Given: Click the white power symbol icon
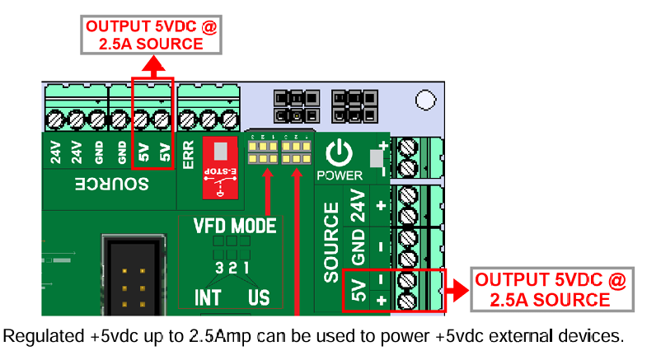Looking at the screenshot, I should point(338,152).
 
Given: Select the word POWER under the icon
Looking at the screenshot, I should point(338,175).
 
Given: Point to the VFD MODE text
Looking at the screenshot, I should point(235,226).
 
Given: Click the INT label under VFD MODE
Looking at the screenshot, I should point(208,297).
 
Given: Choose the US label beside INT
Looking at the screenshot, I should point(259,297).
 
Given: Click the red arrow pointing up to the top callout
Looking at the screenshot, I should point(152,66).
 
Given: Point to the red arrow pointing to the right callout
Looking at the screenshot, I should point(455,290).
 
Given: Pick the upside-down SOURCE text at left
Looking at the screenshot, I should point(112,184).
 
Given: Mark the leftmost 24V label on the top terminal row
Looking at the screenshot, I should point(57,153).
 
